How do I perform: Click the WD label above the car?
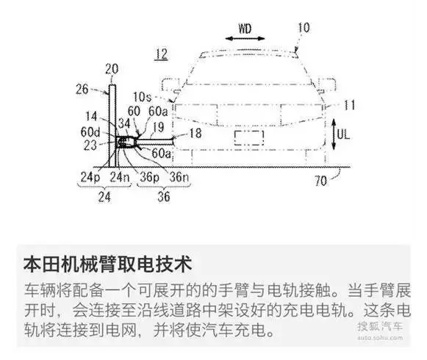coord(245,29)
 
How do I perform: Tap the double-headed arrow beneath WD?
coord(245,38)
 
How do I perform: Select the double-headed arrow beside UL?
coord(334,134)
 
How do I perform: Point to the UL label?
coord(343,134)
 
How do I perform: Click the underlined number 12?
coord(161,54)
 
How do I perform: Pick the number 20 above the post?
coord(112,69)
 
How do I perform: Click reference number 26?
coord(82,90)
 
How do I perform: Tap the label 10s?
coord(142,97)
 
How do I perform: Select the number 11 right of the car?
coord(350,105)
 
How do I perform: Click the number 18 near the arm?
coord(195,134)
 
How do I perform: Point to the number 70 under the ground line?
coord(320,181)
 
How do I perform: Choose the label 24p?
coord(90,177)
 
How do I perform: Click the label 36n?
coord(179,177)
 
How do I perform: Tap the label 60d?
coord(90,132)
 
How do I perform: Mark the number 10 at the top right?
coord(304,28)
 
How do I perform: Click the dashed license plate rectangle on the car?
coord(249,138)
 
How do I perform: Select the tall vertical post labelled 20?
coord(112,126)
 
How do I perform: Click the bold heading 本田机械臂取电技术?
coord(108,264)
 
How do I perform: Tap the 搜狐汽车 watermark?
coord(380,326)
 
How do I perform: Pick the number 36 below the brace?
coord(164,197)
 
